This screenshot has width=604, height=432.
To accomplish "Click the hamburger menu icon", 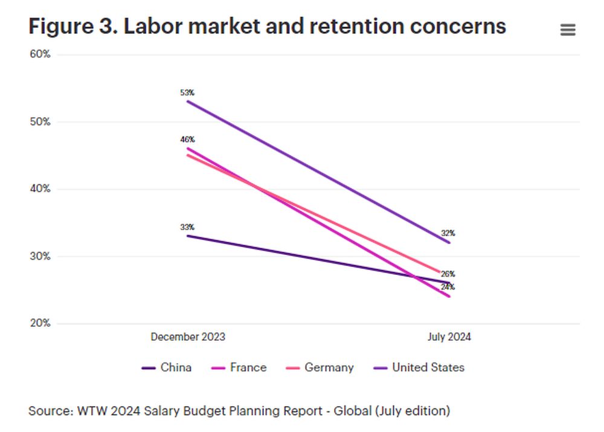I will point(568,30).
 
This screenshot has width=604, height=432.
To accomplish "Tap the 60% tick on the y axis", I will point(40,54).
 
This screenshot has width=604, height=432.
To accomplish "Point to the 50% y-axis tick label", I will point(40,121).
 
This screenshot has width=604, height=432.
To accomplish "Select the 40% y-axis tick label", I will point(40,189).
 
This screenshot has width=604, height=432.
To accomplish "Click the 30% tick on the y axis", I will point(40,256).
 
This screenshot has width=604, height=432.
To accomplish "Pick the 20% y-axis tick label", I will point(40,323).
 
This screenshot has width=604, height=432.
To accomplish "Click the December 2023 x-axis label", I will point(188,337).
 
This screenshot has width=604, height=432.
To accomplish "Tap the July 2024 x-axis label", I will point(449,337).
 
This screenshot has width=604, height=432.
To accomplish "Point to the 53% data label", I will point(187,93).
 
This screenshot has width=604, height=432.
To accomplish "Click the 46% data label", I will point(187,140).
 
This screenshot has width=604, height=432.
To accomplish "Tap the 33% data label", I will point(187,227).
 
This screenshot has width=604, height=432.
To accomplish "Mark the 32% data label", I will point(448,233).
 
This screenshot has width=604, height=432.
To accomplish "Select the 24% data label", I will point(448,287).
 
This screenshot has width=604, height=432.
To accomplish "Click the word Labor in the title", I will point(153,27).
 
